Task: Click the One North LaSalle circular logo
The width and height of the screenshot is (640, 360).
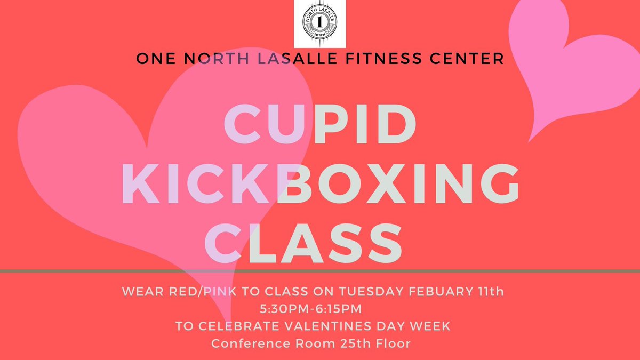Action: click(x=319, y=25)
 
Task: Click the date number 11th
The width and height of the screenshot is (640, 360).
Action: click(x=501, y=292)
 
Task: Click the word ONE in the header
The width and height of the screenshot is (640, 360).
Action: click(x=155, y=59)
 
